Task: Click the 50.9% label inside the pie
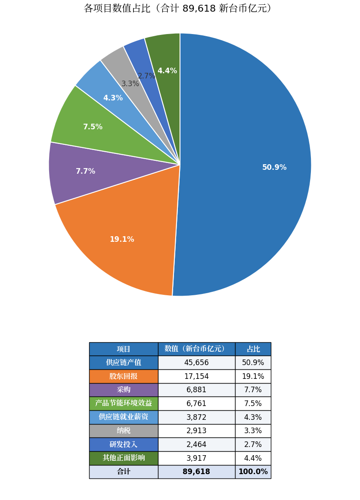click(274, 167)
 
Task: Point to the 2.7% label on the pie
click(146, 76)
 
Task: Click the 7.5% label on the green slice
click(93, 127)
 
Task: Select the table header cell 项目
click(124, 349)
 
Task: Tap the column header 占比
click(253, 349)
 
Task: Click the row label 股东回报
click(124, 376)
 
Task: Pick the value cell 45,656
click(196, 362)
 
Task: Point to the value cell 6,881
click(196, 390)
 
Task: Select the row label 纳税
click(124, 431)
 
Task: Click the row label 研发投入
click(124, 444)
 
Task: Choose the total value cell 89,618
click(196, 472)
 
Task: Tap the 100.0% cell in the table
click(253, 472)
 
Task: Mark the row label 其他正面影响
click(124, 458)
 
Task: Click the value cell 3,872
click(196, 417)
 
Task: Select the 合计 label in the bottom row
click(124, 472)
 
